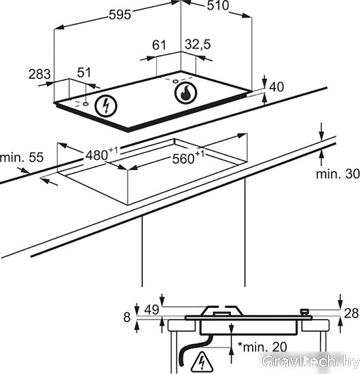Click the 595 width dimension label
(120, 15)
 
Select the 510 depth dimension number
(218, 5)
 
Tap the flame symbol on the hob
(185, 92)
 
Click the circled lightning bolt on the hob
(106, 106)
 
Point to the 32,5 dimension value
(198, 44)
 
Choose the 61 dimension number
(159, 45)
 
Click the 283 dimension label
(39, 74)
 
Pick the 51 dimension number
(84, 72)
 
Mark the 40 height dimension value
(276, 87)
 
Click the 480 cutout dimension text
(102, 154)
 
